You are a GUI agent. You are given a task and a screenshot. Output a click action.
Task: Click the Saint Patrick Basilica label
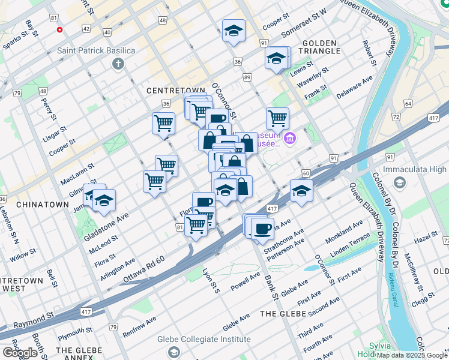(x=96, y=50)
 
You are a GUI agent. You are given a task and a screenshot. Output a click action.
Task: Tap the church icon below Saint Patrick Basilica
(x=118, y=64)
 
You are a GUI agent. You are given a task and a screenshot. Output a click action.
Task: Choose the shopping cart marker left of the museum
(x=277, y=118)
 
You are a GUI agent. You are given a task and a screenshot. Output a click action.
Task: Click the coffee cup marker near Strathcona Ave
(x=262, y=228)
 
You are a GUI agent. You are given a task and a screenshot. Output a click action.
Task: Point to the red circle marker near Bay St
(x=59, y=29)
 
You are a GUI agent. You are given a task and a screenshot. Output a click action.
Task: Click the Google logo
(x=20, y=353)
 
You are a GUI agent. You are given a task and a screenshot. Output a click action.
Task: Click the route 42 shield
(x=86, y=29)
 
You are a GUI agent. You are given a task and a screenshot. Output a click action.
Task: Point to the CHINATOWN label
(x=43, y=205)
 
